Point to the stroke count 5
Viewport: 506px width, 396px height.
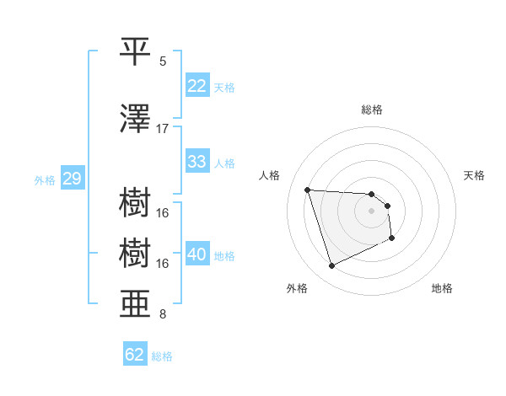[163, 62]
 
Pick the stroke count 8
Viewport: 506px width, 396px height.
[163, 316]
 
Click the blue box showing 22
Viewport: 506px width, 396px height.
[197, 86]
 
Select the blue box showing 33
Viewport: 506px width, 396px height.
[197, 162]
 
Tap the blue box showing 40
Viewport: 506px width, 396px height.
[197, 254]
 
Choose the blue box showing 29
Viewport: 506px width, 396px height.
[72, 179]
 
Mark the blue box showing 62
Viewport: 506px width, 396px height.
[134, 355]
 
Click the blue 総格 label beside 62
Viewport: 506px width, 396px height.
[162, 356]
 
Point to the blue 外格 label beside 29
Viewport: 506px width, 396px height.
[45, 179]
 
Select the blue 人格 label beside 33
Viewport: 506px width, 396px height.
[224, 163]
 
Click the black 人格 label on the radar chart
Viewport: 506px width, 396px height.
[270, 175]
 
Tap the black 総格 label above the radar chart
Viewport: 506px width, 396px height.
[372, 110]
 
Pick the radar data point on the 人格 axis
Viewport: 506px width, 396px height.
[308, 190]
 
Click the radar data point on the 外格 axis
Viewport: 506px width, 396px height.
[332, 266]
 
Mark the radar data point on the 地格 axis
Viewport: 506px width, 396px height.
[392, 238]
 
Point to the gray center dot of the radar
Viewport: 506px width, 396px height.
[372, 211]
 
